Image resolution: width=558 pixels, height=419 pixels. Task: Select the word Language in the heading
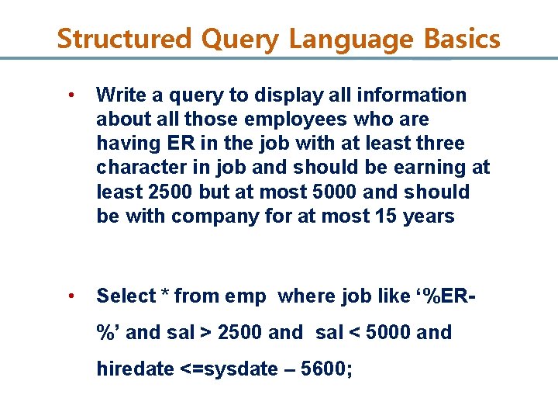(x=343, y=38)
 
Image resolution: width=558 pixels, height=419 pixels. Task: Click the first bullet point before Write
(x=71, y=95)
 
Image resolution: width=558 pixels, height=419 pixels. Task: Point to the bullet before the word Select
(x=71, y=296)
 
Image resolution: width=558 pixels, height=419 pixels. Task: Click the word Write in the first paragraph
(x=118, y=95)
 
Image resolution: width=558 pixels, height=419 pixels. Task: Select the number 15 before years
(x=385, y=216)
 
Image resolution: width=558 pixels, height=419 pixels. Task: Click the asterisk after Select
(x=165, y=296)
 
